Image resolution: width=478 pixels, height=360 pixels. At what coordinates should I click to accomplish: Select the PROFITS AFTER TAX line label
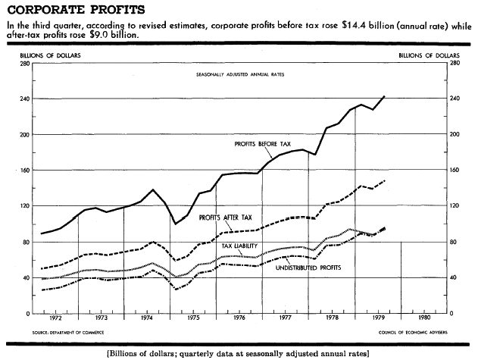pos(226,218)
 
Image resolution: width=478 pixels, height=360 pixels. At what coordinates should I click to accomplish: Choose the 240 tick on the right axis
pos(455,99)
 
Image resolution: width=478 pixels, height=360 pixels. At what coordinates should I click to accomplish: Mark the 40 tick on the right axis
pos(453,277)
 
